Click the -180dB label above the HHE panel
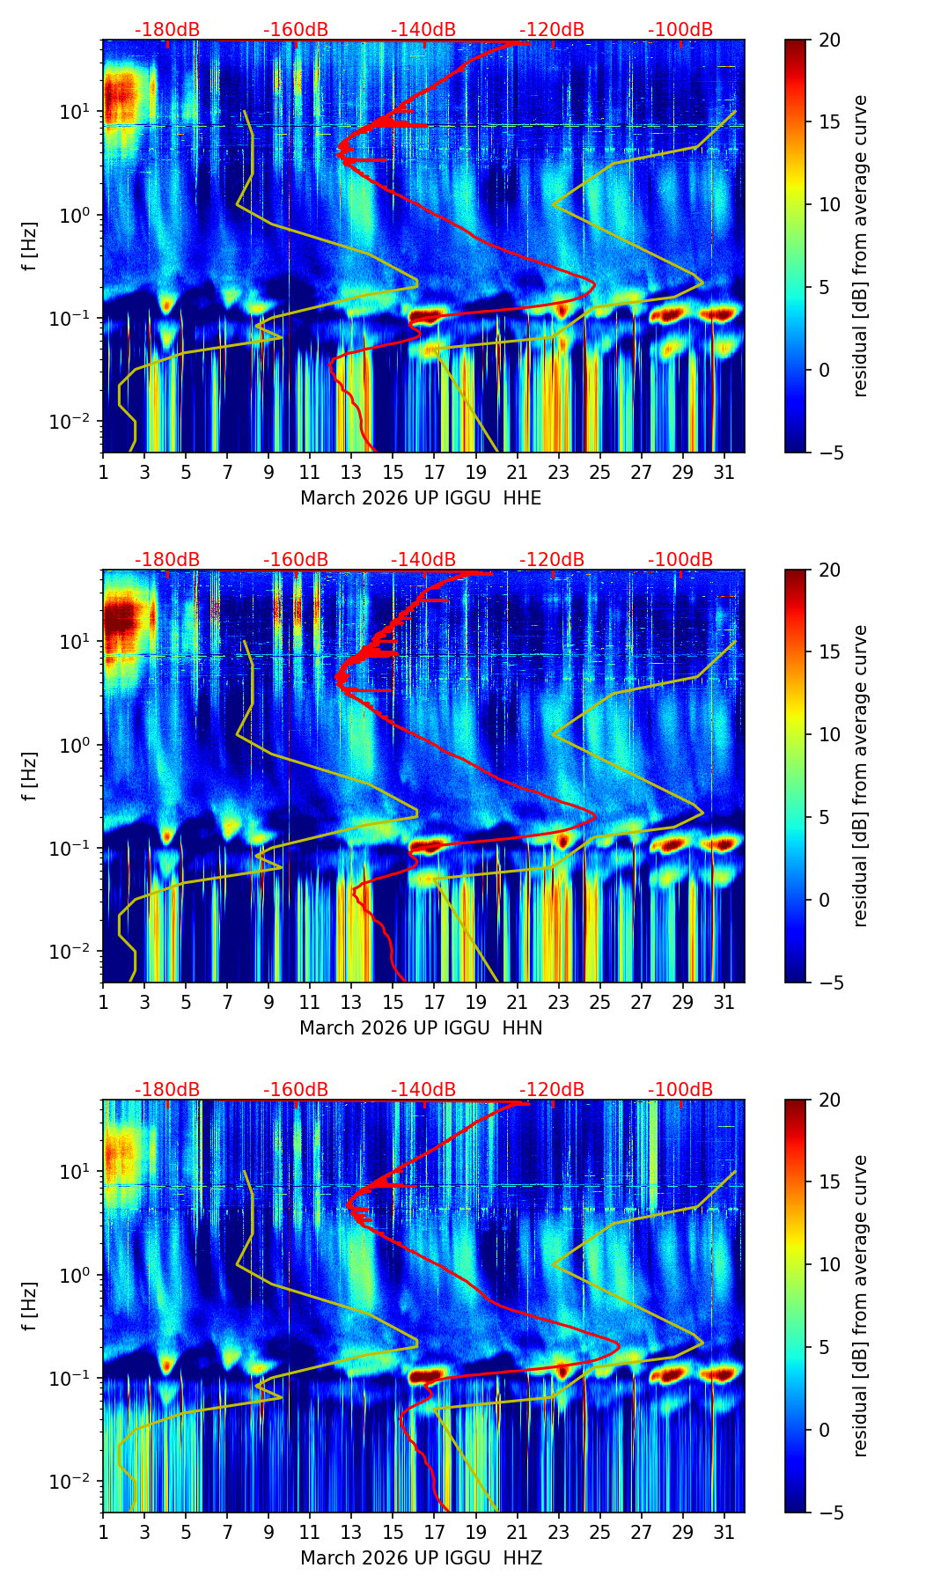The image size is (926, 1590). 167,30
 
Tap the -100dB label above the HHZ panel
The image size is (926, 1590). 680,1090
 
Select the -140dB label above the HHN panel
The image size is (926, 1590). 423,560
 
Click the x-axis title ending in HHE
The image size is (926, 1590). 421,498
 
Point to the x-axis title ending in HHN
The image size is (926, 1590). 421,1028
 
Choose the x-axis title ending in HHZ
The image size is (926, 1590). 421,1558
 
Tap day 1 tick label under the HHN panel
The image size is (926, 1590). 103,1003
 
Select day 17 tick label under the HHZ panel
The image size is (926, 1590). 434,1533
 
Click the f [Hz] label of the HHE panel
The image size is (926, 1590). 29,247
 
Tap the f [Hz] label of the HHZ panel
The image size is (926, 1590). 29,1307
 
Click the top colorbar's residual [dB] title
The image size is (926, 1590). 860,247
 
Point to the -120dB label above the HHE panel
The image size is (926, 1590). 552,30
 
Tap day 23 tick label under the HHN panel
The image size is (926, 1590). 558,1003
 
